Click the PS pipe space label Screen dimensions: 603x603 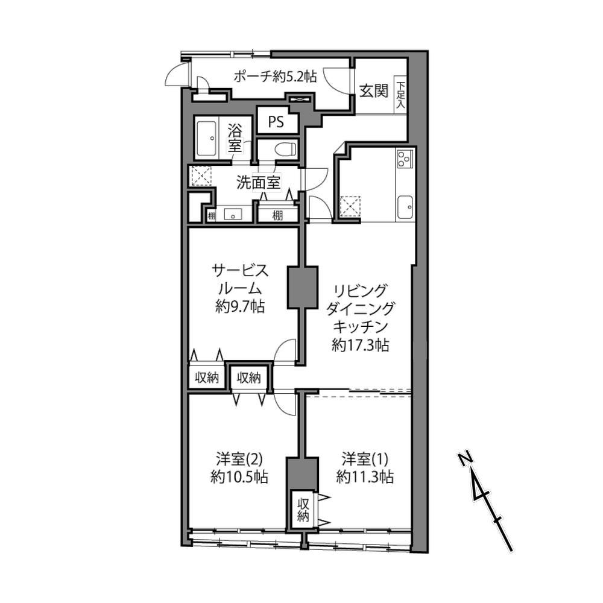point(276,122)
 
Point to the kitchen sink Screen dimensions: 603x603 point(405,207)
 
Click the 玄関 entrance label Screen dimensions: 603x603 point(374,91)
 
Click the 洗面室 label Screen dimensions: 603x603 point(258,182)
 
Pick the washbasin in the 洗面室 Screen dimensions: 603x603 point(232,214)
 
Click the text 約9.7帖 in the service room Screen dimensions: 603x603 point(240,306)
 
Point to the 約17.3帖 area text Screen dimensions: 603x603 point(361,345)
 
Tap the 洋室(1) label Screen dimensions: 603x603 point(365,459)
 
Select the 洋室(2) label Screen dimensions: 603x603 point(239,459)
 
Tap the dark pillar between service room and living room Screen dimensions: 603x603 point(303,287)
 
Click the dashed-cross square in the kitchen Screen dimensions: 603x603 point(350,206)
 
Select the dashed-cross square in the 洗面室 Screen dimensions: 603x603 point(201,176)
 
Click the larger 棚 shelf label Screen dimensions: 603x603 point(277,215)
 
